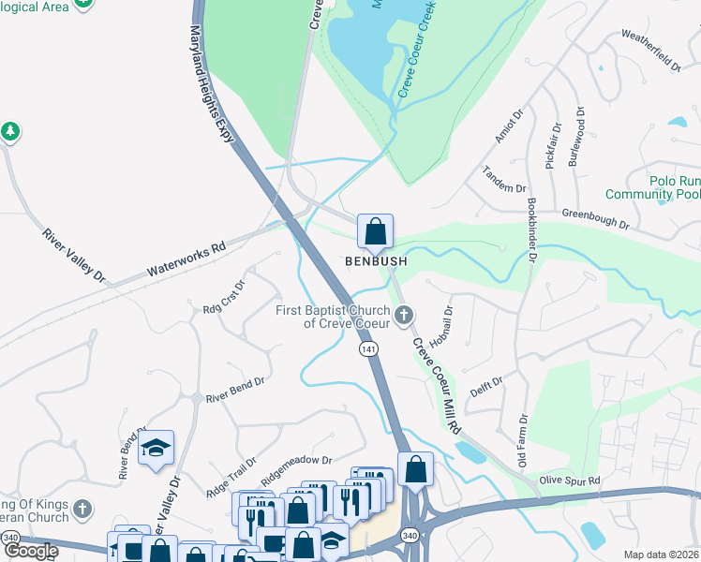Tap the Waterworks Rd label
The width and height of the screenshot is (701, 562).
186,261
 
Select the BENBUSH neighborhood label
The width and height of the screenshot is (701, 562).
376,262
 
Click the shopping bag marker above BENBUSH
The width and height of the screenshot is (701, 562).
375,230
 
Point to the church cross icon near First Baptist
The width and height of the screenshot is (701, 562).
405,314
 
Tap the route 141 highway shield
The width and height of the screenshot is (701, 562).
368,348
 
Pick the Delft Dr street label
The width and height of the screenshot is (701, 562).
487,386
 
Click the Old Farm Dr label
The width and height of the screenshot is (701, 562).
523,441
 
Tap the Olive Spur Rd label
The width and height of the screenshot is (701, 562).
569,481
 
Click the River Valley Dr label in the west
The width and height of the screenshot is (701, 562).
75,254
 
